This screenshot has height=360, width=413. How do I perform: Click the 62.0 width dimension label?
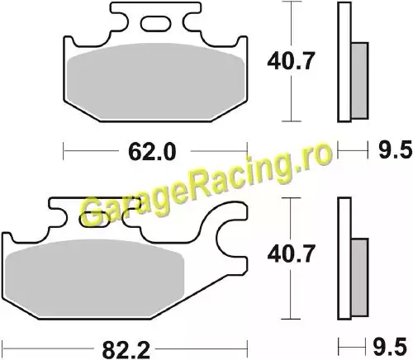(152, 152)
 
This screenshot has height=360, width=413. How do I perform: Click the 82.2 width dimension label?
(126, 350)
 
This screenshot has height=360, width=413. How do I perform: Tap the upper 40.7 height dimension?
(291, 61)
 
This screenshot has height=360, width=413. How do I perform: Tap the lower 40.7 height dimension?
(291, 253)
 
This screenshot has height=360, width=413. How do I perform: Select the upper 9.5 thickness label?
(395, 150)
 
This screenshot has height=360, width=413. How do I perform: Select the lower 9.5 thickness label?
(390, 348)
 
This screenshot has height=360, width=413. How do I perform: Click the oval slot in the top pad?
(155, 23)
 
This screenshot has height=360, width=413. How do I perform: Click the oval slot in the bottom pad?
(95, 220)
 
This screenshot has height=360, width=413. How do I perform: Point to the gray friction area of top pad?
(155, 81)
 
